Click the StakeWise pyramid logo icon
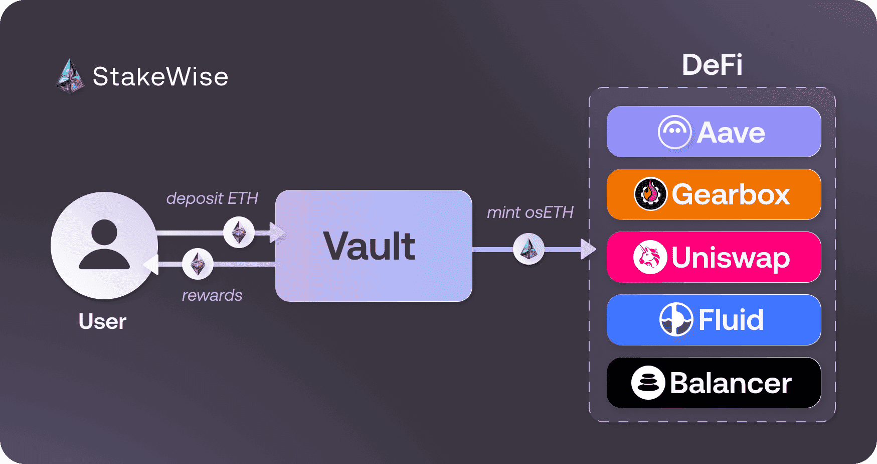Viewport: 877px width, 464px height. click(x=70, y=77)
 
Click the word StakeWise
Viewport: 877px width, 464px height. click(x=160, y=77)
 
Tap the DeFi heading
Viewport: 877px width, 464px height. click(x=712, y=65)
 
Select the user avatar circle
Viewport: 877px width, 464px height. click(x=104, y=246)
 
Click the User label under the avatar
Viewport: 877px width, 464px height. click(x=102, y=321)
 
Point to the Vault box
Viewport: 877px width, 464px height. click(x=374, y=246)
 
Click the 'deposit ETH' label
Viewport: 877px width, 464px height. click(x=212, y=198)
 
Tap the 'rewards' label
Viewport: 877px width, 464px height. click(x=212, y=295)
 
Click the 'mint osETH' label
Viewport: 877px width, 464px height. click(x=530, y=212)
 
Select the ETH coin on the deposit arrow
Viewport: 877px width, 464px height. click(x=239, y=232)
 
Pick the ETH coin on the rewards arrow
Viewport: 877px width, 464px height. click(x=198, y=264)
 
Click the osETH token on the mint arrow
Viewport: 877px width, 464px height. click(x=529, y=249)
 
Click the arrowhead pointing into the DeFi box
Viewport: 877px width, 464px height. click(x=588, y=249)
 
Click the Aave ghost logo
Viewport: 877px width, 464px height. click(x=674, y=132)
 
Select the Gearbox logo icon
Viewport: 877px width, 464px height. click(x=650, y=194)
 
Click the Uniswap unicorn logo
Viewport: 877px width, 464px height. click(x=650, y=257)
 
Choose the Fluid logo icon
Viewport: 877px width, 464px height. click(x=676, y=319)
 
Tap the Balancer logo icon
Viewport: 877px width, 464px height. click(x=648, y=383)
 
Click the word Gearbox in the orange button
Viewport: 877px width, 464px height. click(x=731, y=194)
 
